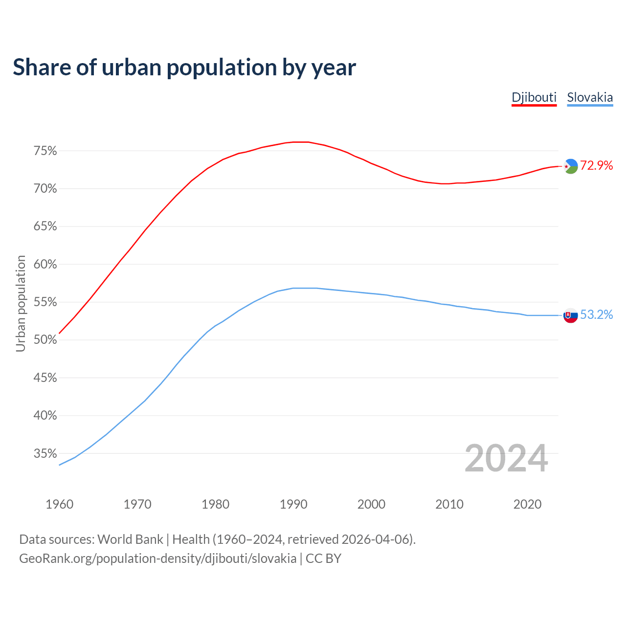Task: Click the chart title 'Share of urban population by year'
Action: (x=184, y=67)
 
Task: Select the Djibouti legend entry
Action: (x=534, y=97)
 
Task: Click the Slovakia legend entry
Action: (x=590, y=97)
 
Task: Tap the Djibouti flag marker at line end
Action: (x=571, y=166)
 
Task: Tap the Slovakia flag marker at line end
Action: (x=571, y=315)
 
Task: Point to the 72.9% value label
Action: (x=597, y=166)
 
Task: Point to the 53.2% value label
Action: (x=597, y=315)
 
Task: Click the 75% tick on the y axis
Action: (x=45, y=151)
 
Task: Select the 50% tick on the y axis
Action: (x=45, y=340)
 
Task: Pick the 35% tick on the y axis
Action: (x=45, y=454)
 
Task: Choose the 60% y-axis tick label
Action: (x=45, y=265)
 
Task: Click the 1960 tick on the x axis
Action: (x=60, y=504)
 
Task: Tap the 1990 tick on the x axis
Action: (x=293, y=504)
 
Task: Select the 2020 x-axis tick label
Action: (x=527, y=504)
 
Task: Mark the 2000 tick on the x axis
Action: (x=371, y=504)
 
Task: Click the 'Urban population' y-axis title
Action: (x=21, y=303)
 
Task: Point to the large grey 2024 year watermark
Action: (x=506, y=458)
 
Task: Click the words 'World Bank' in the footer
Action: (x=130, y=539)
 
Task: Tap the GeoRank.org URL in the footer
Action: (x=157, y=559)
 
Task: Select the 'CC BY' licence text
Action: (x=323, y=559)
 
